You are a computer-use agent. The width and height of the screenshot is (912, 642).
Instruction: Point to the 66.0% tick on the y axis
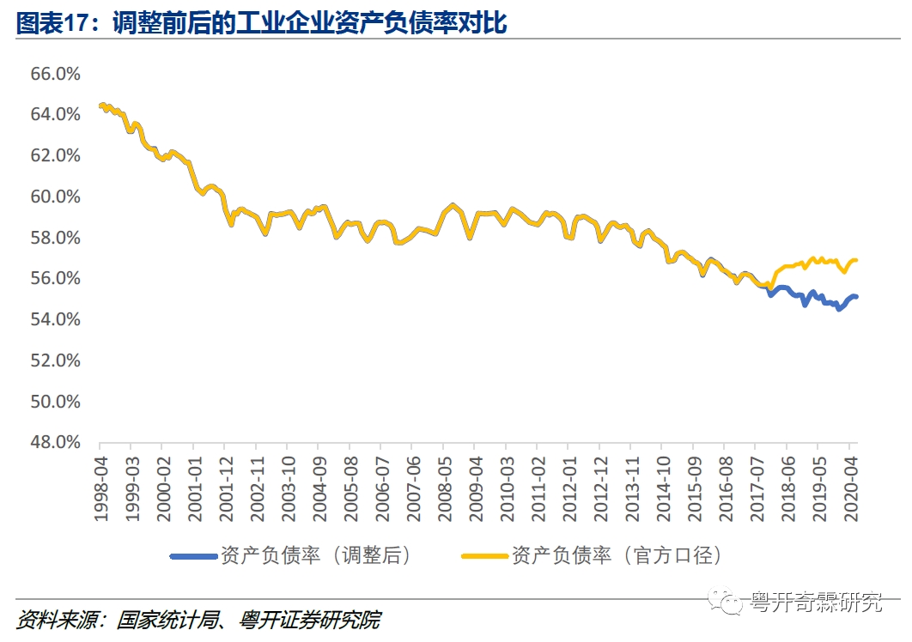click(56, 74)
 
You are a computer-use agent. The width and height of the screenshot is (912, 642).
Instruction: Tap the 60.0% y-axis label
click(56, 197)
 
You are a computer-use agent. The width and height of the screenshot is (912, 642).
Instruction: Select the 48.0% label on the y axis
click(56, 443)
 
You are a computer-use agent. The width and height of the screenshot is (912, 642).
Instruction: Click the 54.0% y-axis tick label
click(56, 319)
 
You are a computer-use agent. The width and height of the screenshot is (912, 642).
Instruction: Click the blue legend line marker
click(193, 556)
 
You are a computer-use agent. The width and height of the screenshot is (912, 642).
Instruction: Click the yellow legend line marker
click(485, 556)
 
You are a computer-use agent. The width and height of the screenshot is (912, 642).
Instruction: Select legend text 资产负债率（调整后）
click(316, 556)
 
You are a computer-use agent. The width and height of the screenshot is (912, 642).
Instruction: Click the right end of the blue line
click(856, 296)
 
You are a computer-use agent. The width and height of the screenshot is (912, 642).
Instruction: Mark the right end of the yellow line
click(856, 260)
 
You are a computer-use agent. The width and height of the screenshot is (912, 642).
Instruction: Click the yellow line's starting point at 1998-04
click(100, 106)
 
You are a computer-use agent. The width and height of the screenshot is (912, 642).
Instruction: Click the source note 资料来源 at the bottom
click(198, 620)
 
